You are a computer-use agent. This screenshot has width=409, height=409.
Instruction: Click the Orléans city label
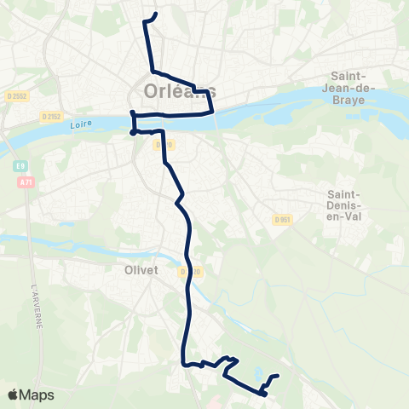[x=174, y=89]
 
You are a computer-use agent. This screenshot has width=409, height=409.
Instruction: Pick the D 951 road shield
[x=282, y=220]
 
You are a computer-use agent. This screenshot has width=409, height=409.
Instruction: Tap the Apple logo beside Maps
[x=13, y=395]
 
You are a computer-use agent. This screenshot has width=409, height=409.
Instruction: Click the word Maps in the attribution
[x=37, y=395]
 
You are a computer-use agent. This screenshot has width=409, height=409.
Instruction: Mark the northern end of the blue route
[x=157, y=14]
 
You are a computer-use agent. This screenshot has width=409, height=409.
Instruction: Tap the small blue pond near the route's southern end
[x=257, y=372]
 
